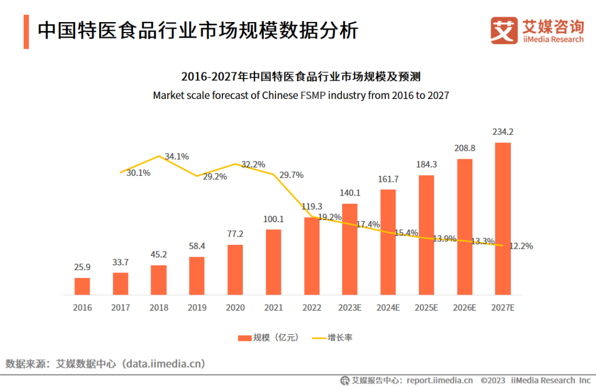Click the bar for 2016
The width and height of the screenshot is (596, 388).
click(x=82, y=286)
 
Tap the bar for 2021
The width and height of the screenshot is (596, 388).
click(x=274, y=262)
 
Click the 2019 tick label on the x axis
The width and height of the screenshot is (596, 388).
click(x=197, y=308)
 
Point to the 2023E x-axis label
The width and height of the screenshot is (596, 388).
click(x=350, y=308)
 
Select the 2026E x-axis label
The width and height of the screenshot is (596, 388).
click(x=464, y=308)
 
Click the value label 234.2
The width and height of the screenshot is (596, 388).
click(x=503, y=132)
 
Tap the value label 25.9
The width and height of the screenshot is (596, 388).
click(x=82, y=267)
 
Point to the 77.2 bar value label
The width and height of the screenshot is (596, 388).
click(x=235, y=234)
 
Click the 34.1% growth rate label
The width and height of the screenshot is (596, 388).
click(x=177, y=156)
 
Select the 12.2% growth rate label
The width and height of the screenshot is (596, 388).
click(x=521, y=247)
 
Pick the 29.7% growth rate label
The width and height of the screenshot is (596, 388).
click(x=291, y=175)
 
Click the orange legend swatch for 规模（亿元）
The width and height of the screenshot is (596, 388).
click(x=244, y=338)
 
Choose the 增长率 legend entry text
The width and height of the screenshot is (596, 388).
click(x=340, y=338)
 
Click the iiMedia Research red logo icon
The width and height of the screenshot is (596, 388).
click(x=504, y=31)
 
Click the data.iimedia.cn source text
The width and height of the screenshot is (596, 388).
click(x=164, y=364)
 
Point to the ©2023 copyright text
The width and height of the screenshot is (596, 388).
click(x=493, y=380)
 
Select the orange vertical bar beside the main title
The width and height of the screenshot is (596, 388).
click(x=26, y=32)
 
